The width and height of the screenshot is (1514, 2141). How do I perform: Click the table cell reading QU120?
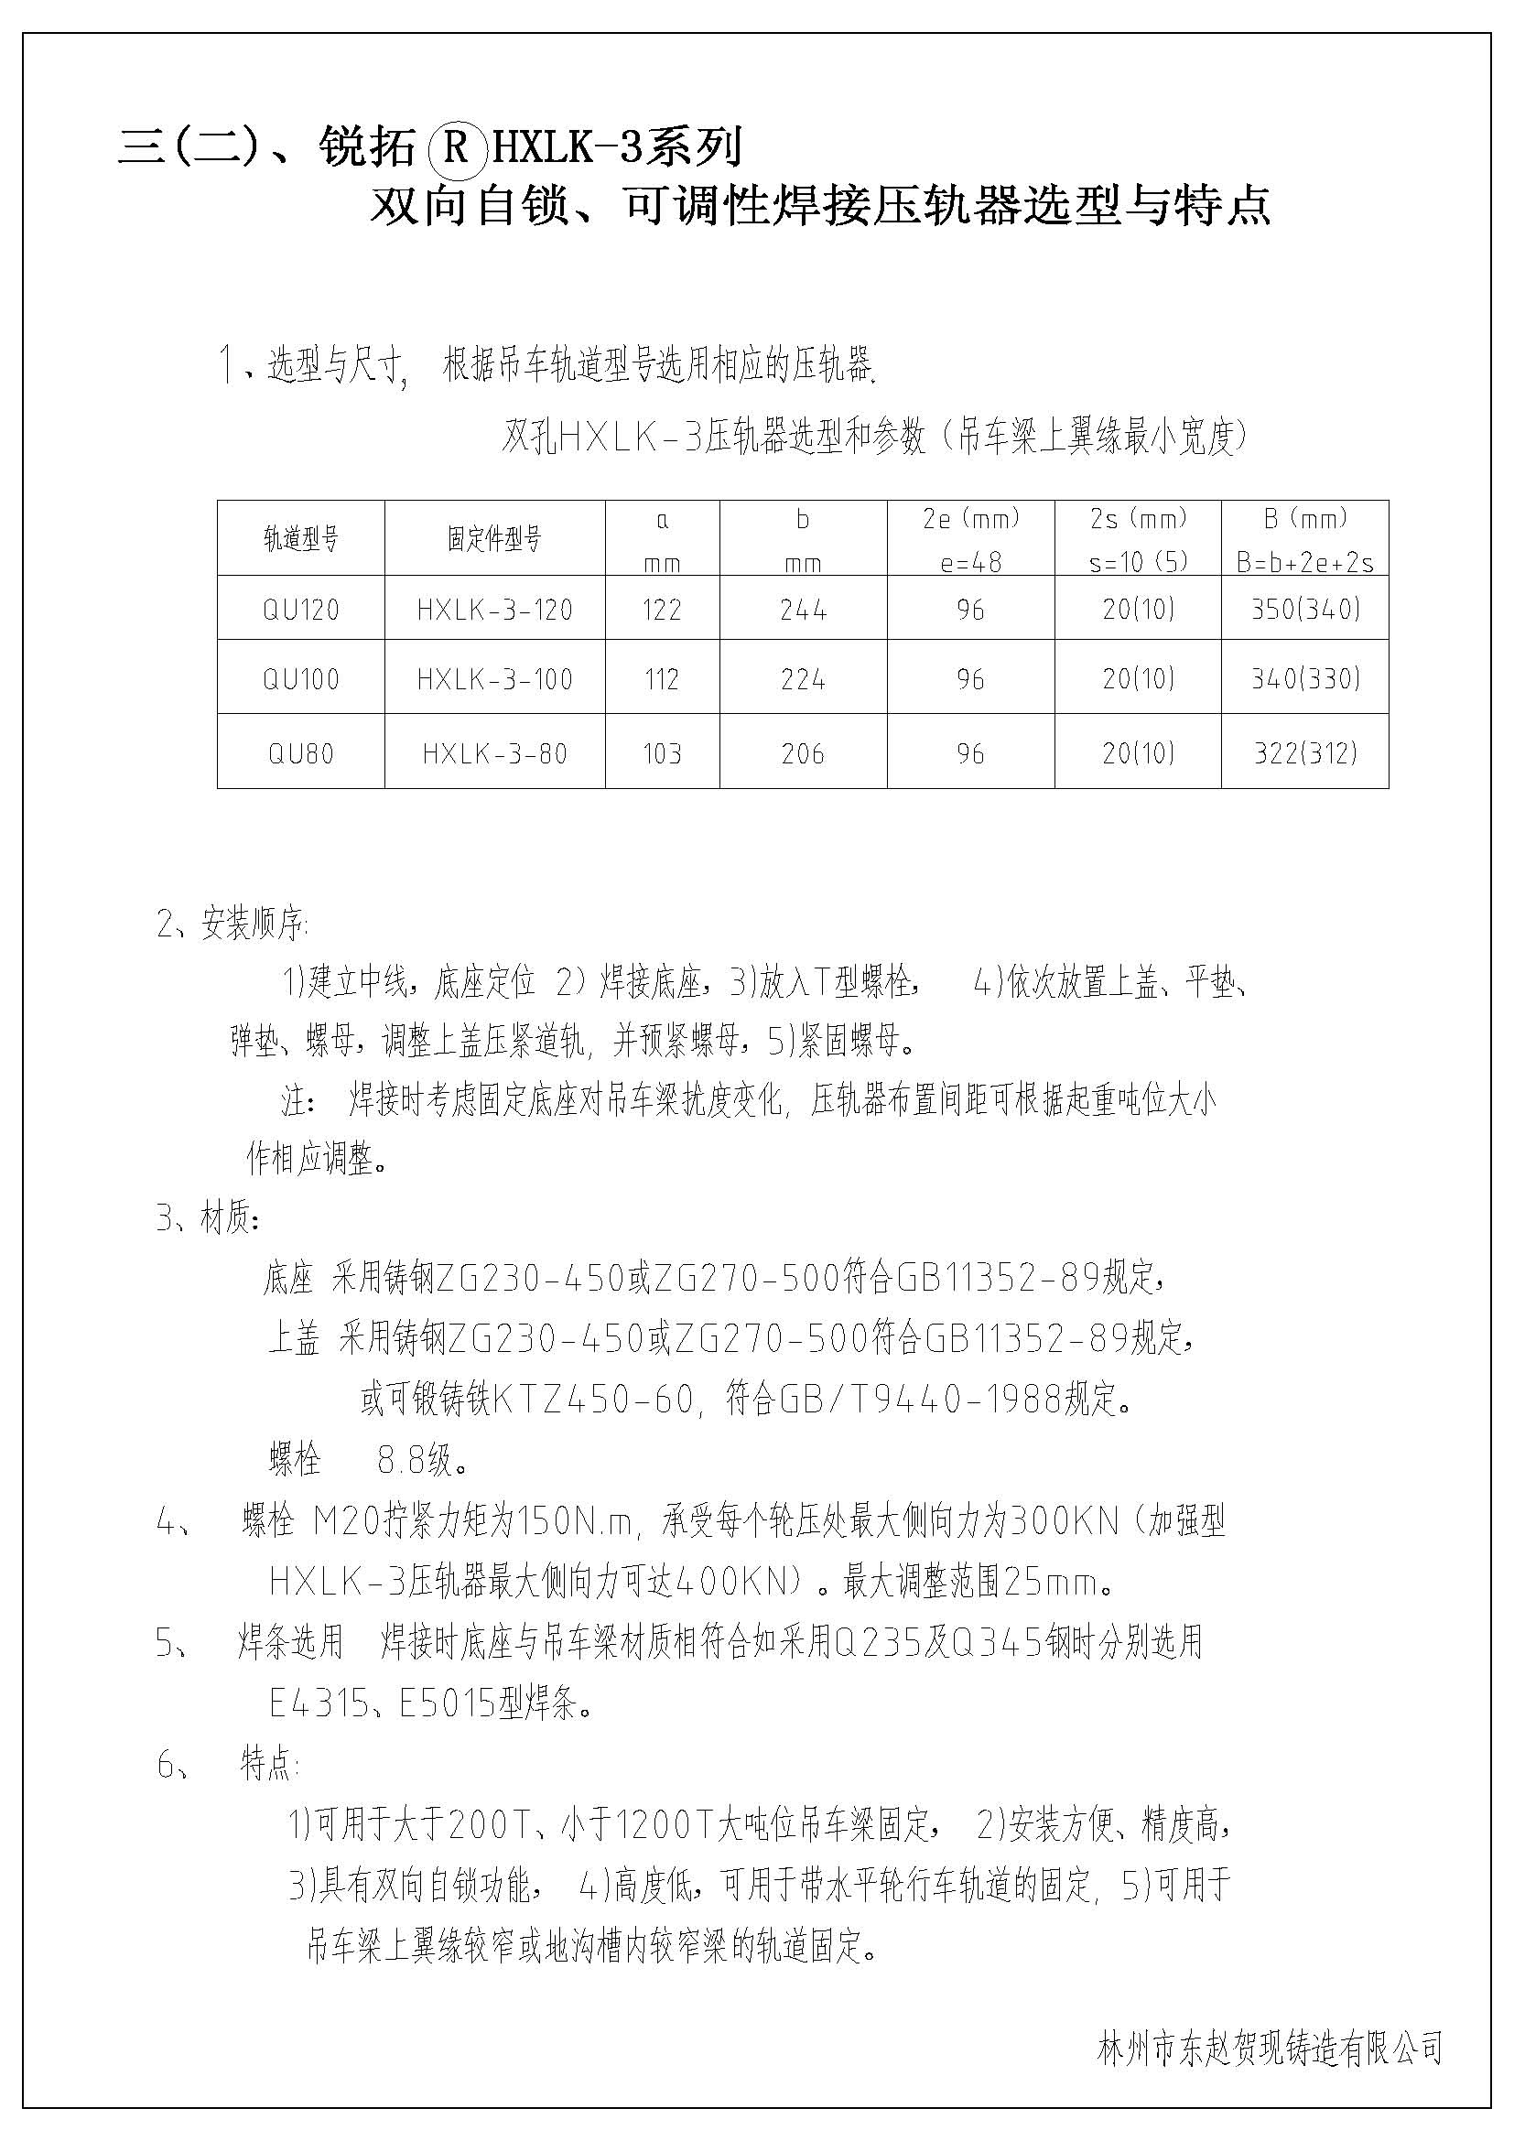[x=300, y=610]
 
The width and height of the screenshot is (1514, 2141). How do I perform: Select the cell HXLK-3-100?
[x=494, y=679]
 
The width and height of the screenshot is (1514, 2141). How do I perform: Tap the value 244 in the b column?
[x=803, y=610]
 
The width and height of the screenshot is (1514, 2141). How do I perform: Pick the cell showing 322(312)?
[x=1305, y=752]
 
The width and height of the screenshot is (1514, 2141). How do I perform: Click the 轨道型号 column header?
[x=300, y=539]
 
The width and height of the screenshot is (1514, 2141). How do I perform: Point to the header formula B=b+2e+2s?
[x=1304, y=562]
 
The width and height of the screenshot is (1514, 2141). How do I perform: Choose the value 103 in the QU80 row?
[x=662, y=752]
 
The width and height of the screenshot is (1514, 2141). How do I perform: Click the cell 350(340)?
[x=1305, y=610]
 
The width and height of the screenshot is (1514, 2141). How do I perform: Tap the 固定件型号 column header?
[x=494, y=539]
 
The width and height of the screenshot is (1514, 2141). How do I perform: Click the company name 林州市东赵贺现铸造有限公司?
[x=1271, y=2047]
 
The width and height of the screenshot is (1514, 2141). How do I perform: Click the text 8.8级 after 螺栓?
[x=421, y=1459]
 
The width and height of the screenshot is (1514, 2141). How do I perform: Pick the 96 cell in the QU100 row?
[x=969, y=679]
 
